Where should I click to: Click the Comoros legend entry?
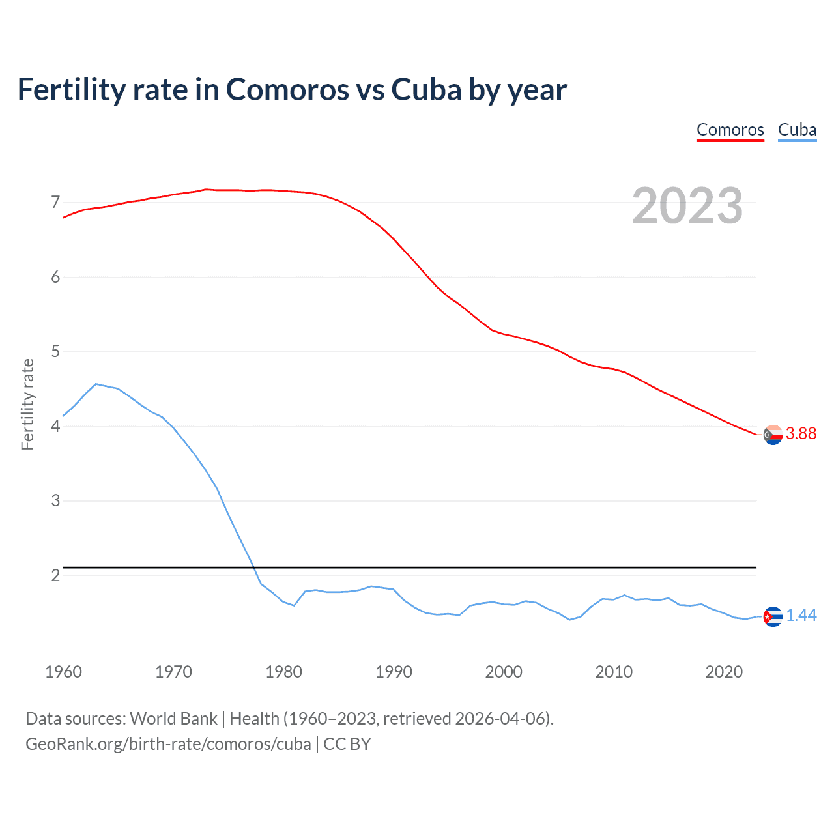(x=730, y=130)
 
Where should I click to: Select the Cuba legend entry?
(x=797, y=130)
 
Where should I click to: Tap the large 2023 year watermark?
(x=687, y=206)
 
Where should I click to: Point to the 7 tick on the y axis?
(x=55, y=203)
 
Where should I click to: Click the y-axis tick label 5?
(x=55, y=352)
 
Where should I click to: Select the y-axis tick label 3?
(x=55, y=501)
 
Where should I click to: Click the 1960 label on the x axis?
(x=63, y=672)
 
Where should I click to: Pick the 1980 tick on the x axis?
(x=283, y=672)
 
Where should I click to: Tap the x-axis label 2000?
(x=504, y=672)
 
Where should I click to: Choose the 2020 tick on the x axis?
(x=724, y=672)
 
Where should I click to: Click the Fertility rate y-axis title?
(x=27, y=404)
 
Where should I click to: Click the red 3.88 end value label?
(x=801, y=434)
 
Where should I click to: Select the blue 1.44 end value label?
(x=801, y=616)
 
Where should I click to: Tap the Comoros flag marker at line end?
(x=773, y=435)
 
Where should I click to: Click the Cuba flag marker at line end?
(x=773, y=616)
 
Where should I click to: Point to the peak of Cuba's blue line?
(x=96, y=384)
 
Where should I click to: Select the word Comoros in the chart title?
(x=287, y=90)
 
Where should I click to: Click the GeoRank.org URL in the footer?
(x=168, y=744)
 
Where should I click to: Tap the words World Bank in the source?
(x=173, y=719)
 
